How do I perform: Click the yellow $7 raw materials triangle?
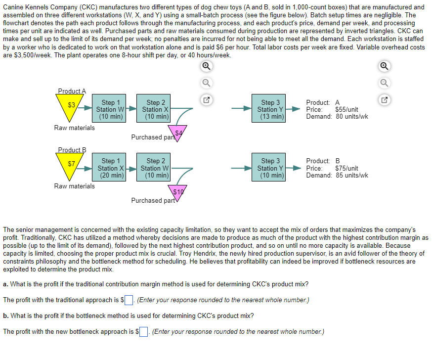[72, 165]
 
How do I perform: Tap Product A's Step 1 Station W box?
[110, 109]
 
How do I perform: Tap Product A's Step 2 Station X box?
[156, 109]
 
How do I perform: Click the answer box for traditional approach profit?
[129, 300]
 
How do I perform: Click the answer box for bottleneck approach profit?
[144, 332]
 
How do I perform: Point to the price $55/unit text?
[346, 109]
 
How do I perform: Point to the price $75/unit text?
[346, 168]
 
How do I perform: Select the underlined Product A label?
[72, 91]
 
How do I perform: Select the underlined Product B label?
[72, 150]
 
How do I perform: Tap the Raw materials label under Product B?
[75, 186]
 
